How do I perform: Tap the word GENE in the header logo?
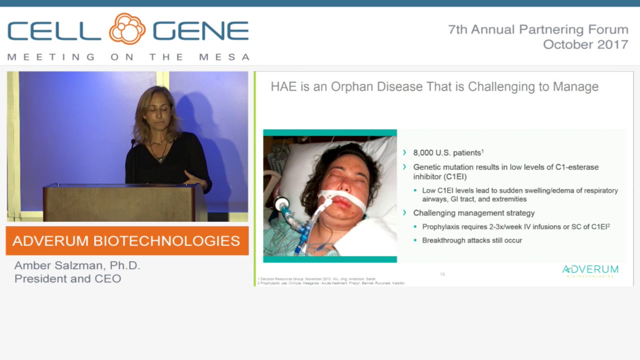(200, 31)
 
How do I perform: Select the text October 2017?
(585, 44)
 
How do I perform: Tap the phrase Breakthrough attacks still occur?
(471, 240)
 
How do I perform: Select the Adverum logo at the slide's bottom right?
(590, 271)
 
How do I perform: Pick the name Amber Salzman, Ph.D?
(77, 265)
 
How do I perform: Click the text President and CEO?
(67, 278)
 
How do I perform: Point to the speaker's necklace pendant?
(160, 159)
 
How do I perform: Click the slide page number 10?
(442, 274)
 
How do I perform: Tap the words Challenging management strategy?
(473, 213)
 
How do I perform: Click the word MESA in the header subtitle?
(224, 57)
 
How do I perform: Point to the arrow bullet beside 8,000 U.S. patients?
(404, 152)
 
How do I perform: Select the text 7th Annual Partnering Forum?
(538, 30)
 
